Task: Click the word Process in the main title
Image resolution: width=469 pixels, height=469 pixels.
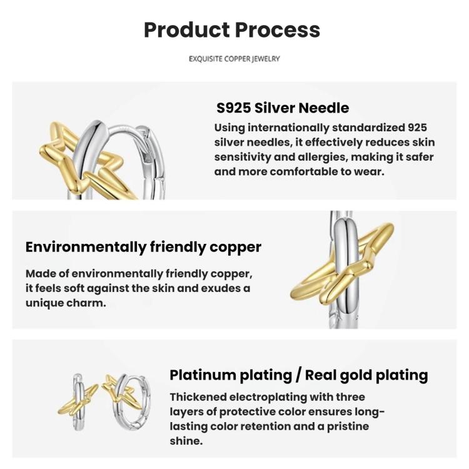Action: [x=278, y=30]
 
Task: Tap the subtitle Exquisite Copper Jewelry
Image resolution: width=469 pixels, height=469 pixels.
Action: [x=234, y=59]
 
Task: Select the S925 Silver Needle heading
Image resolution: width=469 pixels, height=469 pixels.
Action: [x=283, y=108]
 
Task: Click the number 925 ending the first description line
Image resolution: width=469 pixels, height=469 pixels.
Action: [x=417, y=128]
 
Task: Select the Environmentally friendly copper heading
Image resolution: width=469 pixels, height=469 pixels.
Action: [x=143, y=247]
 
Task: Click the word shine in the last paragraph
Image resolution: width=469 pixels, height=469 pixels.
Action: [x=186, y=441]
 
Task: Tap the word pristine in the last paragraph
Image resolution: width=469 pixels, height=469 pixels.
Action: [x=348, y=426]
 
